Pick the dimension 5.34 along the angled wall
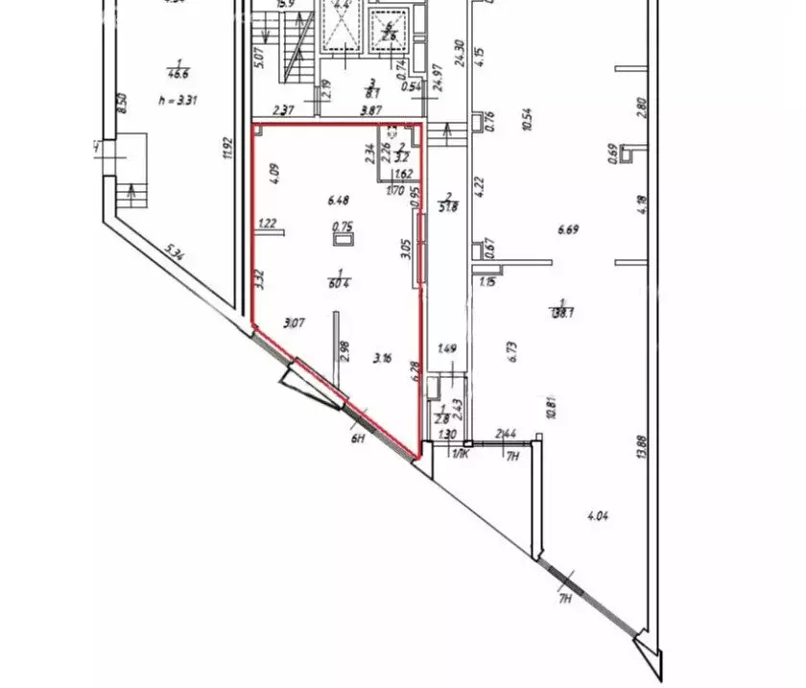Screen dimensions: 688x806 pyautogui.click(x=174, y=256)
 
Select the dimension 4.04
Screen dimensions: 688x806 pyautogui.click(x=597, y=516)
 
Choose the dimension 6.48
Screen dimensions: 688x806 pyautogui.click(x=338, y=201)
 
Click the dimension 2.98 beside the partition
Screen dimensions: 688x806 pyautogui.click(x=347, y=348)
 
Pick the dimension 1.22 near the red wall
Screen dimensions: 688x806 pyautogui.click(x=268, y=225)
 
